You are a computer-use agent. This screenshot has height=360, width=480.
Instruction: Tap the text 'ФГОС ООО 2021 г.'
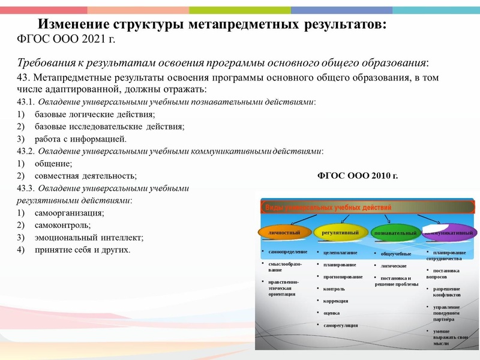pyautogui.click(x=64, y=40)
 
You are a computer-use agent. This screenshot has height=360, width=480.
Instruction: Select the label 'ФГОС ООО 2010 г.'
pyautogui.click(x=356, y=176)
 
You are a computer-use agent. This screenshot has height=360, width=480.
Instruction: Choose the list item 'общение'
pyautogui.click(x=53, y=164)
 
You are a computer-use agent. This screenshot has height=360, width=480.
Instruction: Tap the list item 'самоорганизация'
pyautogui.click(x=70, y=213)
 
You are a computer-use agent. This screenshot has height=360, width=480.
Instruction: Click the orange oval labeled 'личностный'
pyautogui.click(x=284, y=232)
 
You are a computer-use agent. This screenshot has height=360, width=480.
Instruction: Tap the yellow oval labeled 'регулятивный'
pyautogui.click(x=340, y=232)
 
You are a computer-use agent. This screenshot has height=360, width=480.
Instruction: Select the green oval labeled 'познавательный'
pyautogui.click(x=394, y=232)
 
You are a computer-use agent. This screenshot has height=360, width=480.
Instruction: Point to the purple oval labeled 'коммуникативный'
pyautogui.click(x=449, y=232)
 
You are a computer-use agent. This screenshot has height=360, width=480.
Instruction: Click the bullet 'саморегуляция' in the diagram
pyautogui.click(x=340, y=325)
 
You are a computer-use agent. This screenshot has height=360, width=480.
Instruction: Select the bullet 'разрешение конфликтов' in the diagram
pyautogui.click(x=447, y=292)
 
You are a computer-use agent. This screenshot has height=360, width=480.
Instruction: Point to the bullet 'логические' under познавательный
pyautogui.click(x=394, y=266)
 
